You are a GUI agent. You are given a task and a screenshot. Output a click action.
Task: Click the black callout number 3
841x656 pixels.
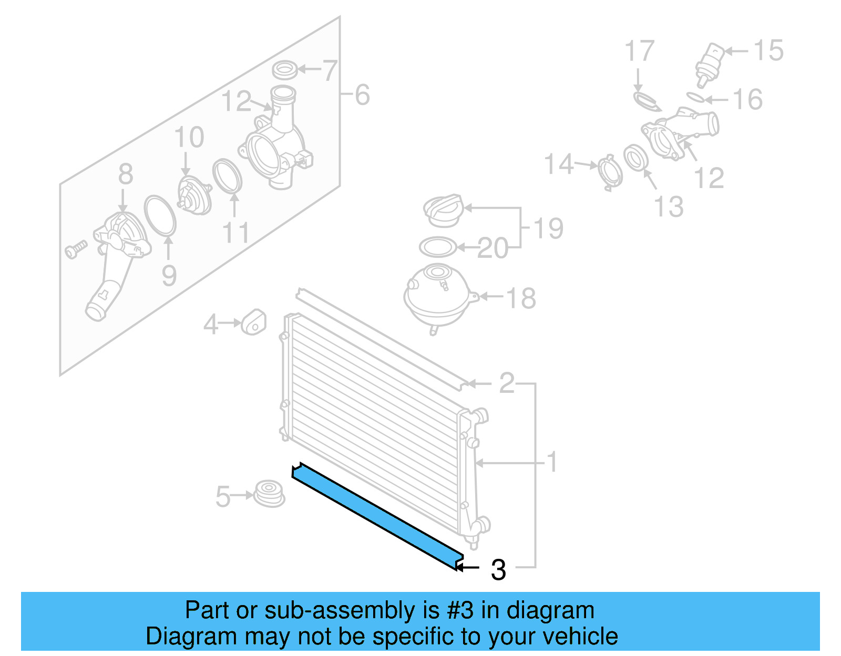click(x=498, y=570)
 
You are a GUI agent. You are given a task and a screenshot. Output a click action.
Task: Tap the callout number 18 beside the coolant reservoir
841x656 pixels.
click(x=520, y=298)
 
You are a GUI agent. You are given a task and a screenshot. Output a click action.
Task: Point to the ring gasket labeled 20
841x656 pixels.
click(x=437, y=247)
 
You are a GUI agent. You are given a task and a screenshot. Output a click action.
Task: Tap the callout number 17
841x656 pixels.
click(x=639, y=51)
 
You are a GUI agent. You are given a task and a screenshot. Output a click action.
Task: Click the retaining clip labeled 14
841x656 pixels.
click(x=611, y=172)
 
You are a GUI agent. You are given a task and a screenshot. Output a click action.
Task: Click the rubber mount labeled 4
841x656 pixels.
click(x=254, y=322)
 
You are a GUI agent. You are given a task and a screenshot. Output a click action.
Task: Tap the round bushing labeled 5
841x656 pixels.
click(x=269, y=494)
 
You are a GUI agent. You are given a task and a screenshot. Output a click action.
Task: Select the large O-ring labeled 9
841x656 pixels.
click(x=160, y=215)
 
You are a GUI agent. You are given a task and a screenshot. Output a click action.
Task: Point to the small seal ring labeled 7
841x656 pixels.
click(x=284, y=69)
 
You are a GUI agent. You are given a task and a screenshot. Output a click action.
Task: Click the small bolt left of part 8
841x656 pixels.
click(x=76, y=249)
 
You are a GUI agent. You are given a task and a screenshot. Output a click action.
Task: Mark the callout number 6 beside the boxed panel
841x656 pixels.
click(x=362, y=95)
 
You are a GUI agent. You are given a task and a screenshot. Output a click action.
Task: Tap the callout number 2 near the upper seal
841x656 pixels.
click(x=507, y=383)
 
